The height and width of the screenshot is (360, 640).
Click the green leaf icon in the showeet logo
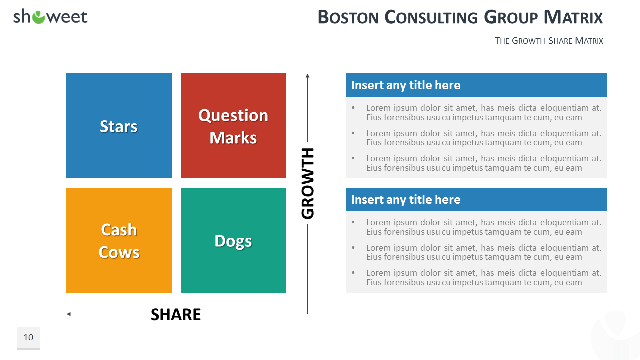pyautogui.click(x=38, y=17)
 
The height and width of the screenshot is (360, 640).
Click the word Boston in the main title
pyautogui.click(x=348, y=17)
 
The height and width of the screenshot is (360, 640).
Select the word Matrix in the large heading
pyautogui.click(x=573, y=17)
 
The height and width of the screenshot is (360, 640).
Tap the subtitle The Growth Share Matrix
pyautogui.click(x=549, y=41)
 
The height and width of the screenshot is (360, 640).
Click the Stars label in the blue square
pyautogui.click(x=119, y=126)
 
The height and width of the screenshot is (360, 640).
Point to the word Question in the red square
pyautogui.click(x=233, y=115)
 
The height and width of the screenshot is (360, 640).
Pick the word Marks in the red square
pyautogui.click(x=233, y=138)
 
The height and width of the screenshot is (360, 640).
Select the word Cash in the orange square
pyautogui.click(x=119, y=230)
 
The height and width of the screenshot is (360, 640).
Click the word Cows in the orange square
pyautogui.click(x=119, y=252)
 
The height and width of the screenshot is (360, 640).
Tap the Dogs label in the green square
pyautogui.click(x=233, y=241)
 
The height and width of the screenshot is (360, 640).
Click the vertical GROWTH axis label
pyautogui.click(x=308, y=183)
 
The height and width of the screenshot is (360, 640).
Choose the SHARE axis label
pyautogui.click(x=176, y=314)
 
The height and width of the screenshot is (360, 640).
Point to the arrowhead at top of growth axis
pyautogui.click(x=307, y=75)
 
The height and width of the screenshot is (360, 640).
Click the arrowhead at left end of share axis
pyautogui.click(x=68, y=314)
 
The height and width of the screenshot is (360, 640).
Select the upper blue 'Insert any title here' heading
pyautogui.click(x=406, y=85)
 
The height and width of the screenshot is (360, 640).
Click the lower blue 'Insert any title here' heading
pyautogui.click(x=406, y=200)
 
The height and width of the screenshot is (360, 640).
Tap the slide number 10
pyautogui.click(x=28, y=337)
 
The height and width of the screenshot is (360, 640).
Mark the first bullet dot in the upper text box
pyautogui.click(x=353, y=107)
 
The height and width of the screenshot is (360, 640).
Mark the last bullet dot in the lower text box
pyautogui.click(x=353, y=273)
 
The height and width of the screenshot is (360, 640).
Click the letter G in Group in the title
pyautogui.click(x=491, y=17)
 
